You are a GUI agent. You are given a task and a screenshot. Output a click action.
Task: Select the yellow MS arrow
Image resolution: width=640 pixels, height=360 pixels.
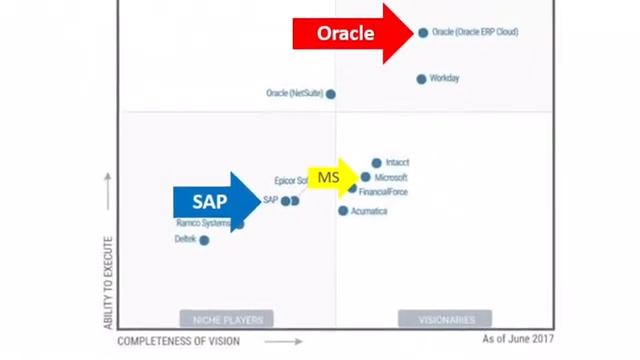point(333,178)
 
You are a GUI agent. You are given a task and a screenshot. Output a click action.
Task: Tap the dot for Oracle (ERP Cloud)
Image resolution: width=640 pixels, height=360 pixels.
point(423,32)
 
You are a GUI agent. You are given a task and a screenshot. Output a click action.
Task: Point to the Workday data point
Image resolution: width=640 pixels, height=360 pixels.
point(421,79)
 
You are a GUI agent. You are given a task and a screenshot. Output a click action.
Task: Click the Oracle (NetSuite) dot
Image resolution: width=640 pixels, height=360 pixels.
point(331,94)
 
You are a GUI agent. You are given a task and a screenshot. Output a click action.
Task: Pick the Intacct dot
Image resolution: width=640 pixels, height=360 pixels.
point(376,162)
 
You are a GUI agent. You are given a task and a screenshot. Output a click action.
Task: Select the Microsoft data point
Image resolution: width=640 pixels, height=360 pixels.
point(366,177)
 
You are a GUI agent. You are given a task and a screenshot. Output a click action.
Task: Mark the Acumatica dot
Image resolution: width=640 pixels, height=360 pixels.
point(343,211)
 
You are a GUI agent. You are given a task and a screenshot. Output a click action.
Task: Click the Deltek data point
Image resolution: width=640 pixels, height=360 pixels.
point(204,240)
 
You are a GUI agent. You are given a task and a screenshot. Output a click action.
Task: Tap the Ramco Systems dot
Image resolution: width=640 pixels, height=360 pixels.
point(239,224)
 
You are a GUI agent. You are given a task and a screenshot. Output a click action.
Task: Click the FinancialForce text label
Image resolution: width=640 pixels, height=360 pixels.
point(383,192)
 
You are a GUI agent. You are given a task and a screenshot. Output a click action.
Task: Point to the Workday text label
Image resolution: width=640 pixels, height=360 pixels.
point(444,79)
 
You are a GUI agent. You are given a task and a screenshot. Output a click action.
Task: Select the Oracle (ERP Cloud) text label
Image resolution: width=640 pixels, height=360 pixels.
point(475,32)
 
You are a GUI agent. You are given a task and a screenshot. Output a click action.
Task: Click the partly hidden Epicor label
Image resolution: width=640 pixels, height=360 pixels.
point(290,181)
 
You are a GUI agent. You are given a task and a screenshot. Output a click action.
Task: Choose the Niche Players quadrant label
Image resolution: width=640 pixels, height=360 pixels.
point(226,319)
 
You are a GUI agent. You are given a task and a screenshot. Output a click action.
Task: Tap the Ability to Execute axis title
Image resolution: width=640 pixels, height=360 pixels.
point(108,283)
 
